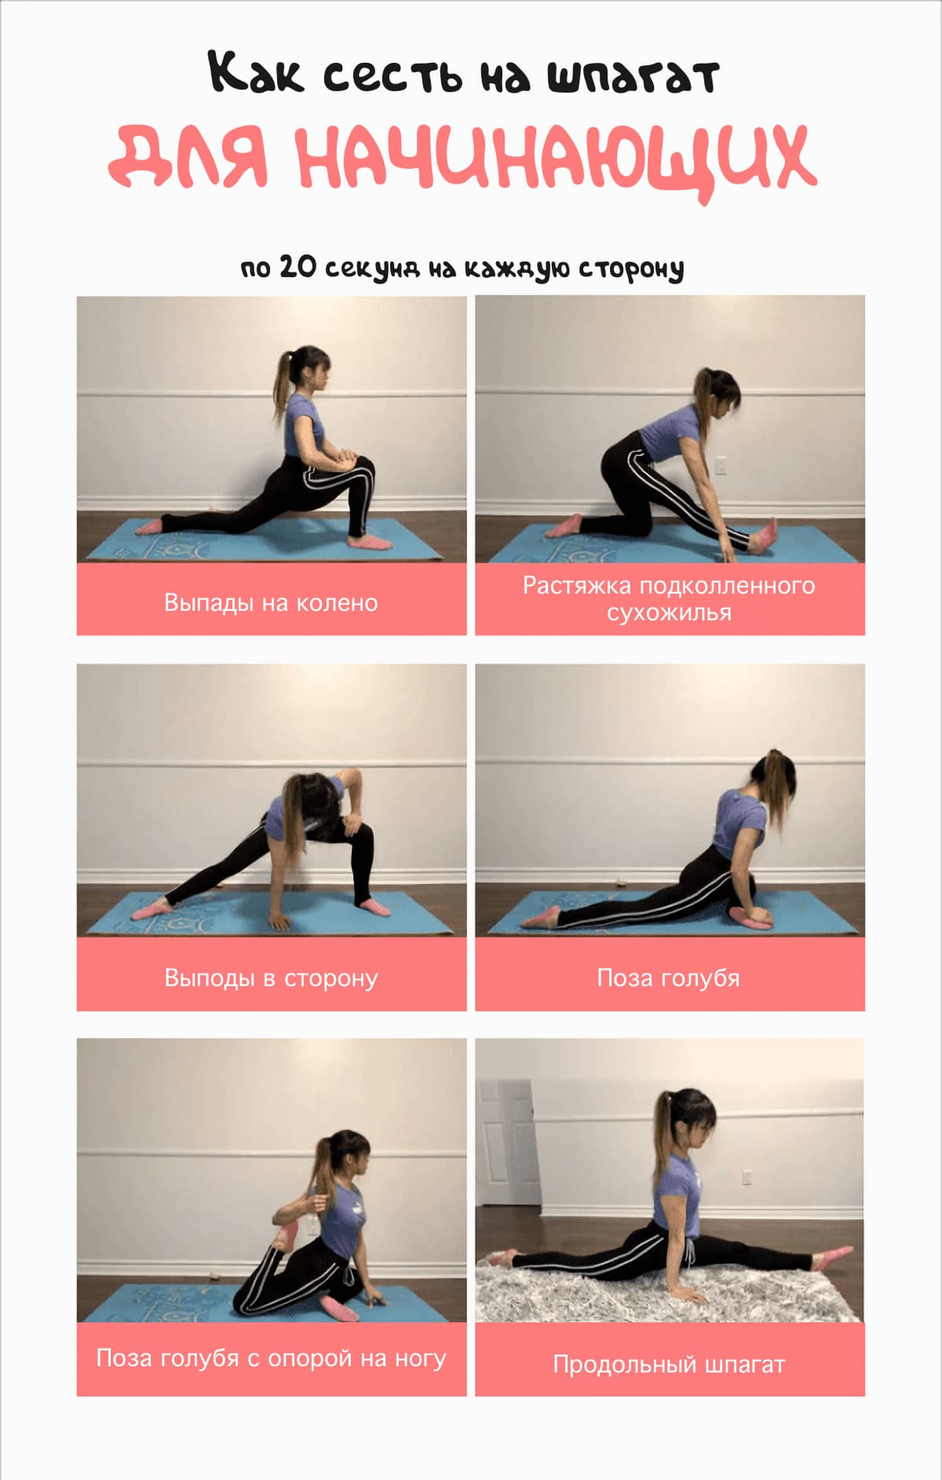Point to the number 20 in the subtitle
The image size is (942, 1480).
298,267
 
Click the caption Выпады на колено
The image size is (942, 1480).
271,602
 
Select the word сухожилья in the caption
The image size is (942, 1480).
669,612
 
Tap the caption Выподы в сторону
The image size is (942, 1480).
271,978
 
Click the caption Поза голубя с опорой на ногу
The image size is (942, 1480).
271,1358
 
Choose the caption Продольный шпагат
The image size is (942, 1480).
669,1364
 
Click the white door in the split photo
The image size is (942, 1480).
508,1142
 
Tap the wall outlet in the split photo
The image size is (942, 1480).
748,1176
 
